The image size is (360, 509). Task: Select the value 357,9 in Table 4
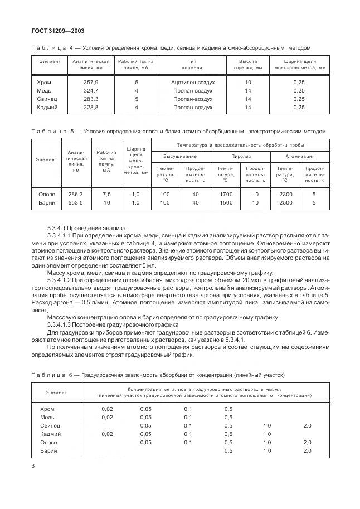point(90,82)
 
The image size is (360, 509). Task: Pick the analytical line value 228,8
point(90,107)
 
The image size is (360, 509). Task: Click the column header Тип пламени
point(192,64)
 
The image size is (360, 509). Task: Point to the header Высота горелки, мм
point(248,64)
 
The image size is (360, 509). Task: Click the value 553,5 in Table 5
point(75,203)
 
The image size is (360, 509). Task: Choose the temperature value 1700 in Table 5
point(226,194)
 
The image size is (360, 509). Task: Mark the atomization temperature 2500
point(285,203)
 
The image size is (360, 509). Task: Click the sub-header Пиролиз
point(241,157)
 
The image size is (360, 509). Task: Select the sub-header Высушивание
point(180,157)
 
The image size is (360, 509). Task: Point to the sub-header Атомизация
point(300,157)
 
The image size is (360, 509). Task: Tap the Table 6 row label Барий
point(48,450)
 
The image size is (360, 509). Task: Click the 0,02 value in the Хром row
point(107,409)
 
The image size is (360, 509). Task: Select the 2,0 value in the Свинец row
point(307,425)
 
